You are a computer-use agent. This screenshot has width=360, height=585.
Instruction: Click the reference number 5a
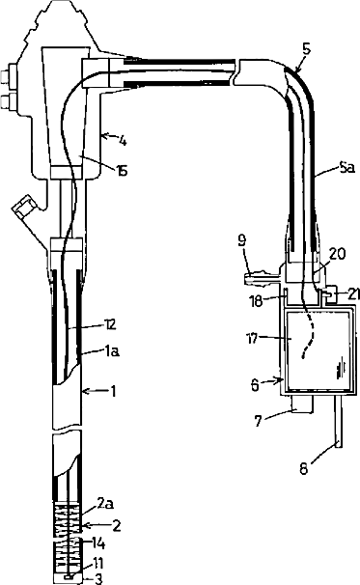(x=346, y=168)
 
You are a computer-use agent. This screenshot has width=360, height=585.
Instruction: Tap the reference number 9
(x=241, y=240)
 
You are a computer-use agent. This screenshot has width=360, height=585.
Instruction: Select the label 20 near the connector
(x=337, y=254)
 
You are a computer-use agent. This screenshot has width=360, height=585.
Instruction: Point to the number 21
(x=352, y=294)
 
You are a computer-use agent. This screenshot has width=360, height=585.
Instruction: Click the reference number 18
(x=257, y=301)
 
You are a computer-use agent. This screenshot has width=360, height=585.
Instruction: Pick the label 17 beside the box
(x=253, y=339)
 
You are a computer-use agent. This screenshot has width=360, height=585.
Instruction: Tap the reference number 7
(x=258, y=421)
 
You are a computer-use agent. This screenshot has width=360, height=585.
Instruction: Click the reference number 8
(x=304, y=468)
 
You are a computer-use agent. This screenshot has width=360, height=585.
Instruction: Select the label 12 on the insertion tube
(x=110, y=324)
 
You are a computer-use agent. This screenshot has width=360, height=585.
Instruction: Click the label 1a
(x=112, y=350)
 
